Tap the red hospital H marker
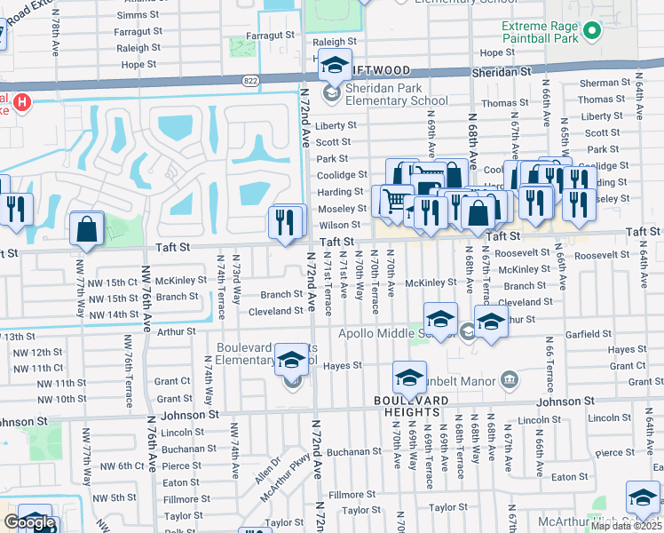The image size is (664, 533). click(x=20, y=103)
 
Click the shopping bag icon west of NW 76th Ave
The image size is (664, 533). click(x=88, y=229)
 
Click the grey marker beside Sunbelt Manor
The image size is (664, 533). click(x=510, y=380)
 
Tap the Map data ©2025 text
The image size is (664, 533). click(x=626, y=526)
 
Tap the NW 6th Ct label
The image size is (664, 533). click(x=122, y=465)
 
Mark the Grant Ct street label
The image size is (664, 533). click(x=627, y=366)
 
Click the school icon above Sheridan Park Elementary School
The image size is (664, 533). click(x=335, y=67)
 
